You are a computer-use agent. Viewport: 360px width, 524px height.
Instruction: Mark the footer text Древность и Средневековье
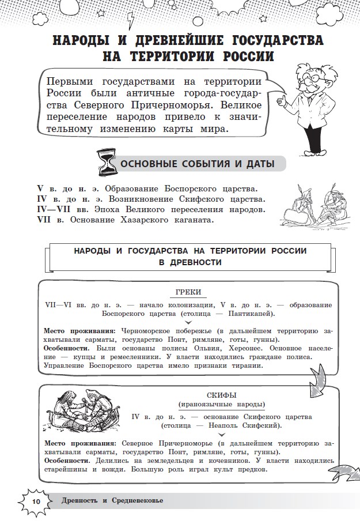pos(112,500)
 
